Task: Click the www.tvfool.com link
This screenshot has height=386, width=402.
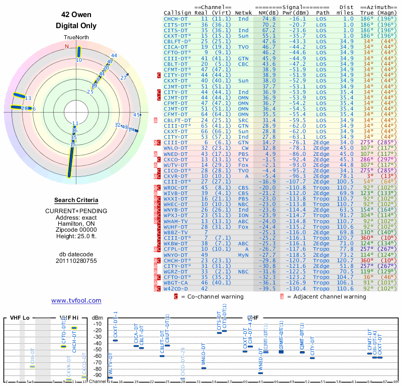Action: coord(76,301)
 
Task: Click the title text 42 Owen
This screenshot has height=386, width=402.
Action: coord(76,15)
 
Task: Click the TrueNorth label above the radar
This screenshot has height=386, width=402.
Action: coord(76,38)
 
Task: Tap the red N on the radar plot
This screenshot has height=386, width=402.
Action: coord(66,46)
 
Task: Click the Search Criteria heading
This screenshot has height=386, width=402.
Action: coord(76,200)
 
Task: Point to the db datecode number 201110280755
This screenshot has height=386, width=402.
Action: coord(76,261)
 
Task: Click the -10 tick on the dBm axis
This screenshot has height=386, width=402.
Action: coord(96,324)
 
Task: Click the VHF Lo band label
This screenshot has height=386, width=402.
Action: coord(20,318)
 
